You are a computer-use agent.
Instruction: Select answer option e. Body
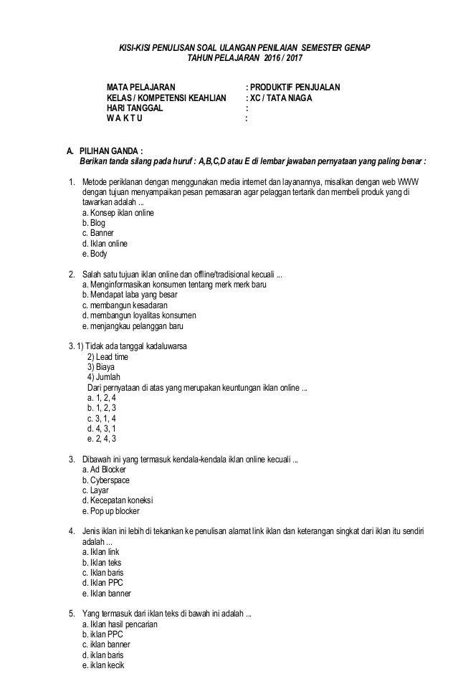[95, 253]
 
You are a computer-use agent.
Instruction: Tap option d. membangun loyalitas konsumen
[140, 315]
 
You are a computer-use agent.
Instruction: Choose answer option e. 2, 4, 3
[101, 438]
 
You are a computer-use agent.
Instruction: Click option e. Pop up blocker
[111, 511]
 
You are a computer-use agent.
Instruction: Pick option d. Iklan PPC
[103, 584]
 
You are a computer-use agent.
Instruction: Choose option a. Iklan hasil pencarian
[120, 624]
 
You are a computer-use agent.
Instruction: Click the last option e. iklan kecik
[104, 665]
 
